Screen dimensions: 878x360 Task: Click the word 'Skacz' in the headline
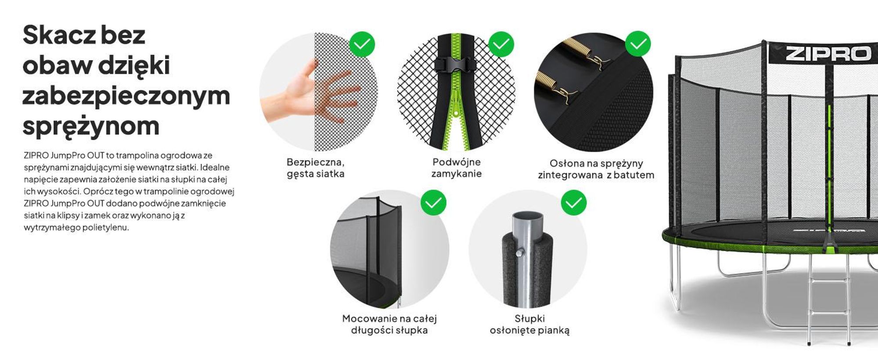point(59,35)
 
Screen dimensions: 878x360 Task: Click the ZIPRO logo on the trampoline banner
point(828,54)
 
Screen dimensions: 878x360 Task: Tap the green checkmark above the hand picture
point(362,44)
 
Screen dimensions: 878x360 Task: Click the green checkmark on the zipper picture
point(501,44)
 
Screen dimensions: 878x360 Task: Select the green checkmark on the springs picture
point(638,44)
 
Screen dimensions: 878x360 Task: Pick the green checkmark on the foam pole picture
point(574,202)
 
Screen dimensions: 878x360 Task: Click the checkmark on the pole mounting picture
point(433,202)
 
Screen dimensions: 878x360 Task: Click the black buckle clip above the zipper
point(456,65)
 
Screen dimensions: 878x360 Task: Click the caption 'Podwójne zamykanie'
point(457,168)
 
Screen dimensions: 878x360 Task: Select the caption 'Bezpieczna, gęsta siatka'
point(316,168)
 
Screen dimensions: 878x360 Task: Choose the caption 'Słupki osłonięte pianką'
point(530,324)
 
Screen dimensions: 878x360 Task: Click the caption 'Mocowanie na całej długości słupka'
point(389,324)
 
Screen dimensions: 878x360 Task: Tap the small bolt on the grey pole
point(520,252)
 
